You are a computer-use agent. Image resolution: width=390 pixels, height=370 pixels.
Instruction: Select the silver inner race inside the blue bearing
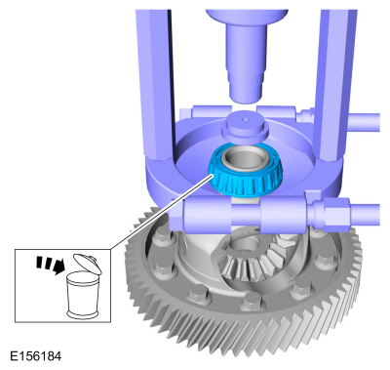tap(243, 160)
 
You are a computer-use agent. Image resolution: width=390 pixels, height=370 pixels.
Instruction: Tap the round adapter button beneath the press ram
tap(245, 127)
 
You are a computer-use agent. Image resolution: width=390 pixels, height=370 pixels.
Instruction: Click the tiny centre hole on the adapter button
tap(246, 119)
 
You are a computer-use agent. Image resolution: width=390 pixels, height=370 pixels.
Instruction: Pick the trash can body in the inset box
tap(82, 296)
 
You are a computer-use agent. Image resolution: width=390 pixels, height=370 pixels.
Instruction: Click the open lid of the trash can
tap(87, 263)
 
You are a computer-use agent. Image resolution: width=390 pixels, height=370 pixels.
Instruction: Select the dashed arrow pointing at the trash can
tap(51, 265)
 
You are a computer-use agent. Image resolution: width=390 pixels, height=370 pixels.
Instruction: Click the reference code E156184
tap(36, 356)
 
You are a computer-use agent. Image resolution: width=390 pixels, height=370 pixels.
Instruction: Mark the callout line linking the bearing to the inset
tap(162, 212)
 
